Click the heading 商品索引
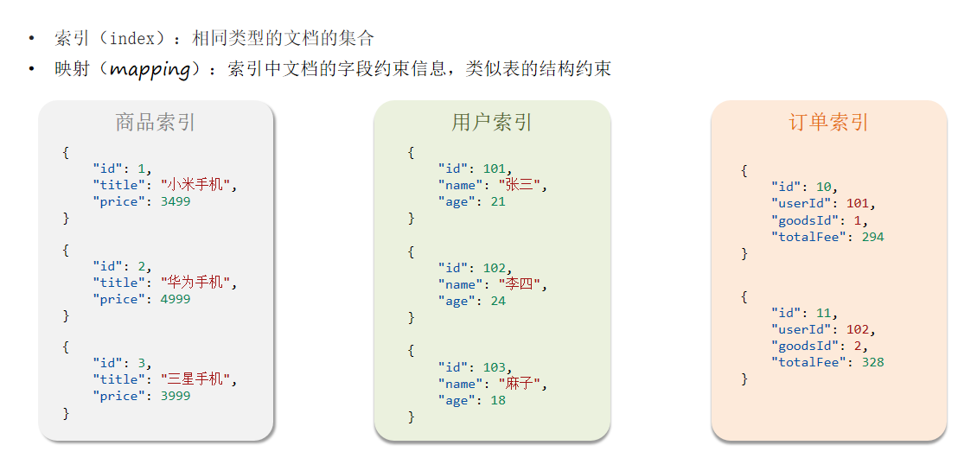pyautogui.click(x=156, y=123)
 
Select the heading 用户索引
pyautogui.click(x=492, y=123)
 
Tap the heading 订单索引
pyautogui.click(x=828, y=123)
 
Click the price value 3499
pyautogui.click(x=175, y=201)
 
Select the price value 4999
pyautogui.click(x=175, y=299)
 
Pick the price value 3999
pyautogui.click(x=175, y=396)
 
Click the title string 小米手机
pyautogui.click(x=197, y=185)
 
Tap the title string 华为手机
pyautogui.click(x=197, y=283)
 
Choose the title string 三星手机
pyautogui.click(x=197, y=379)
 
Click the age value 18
pyautogui.click(x=497, y=400)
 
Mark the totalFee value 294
pyautogui.click(x=872, y=237)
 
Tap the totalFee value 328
pyautogui.click(x=872, y=362)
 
